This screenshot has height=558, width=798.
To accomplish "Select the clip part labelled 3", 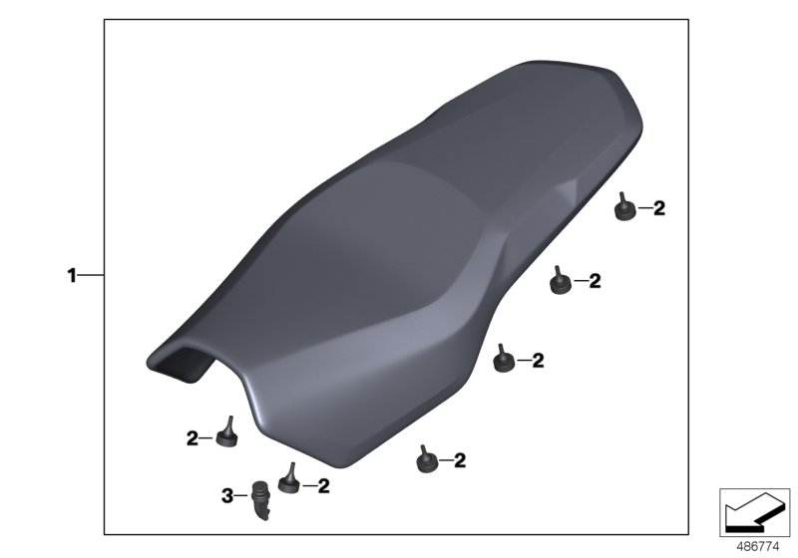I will (262, 499).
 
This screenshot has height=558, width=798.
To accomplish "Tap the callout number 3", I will (226, 494).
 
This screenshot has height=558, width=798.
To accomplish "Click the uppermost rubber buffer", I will (624, 209).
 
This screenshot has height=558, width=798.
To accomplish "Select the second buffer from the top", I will (561, 284).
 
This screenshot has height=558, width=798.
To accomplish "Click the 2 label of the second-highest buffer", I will (595, 282).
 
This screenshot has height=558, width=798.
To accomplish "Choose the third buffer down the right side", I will (504, 358).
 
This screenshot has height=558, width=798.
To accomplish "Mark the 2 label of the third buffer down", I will (538, 360).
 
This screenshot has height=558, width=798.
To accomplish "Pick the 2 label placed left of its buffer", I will (192, 436).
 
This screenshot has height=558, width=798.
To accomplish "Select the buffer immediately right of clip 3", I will (290, 481).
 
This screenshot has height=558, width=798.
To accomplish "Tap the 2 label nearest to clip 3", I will (323, 486).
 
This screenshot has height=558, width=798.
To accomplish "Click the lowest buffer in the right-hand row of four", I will (426, 458).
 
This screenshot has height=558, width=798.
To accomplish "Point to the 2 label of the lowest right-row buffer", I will (460, 460).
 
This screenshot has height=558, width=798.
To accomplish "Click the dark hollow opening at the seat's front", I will (184, 364).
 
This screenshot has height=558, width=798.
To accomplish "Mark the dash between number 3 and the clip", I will (241, 494).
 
